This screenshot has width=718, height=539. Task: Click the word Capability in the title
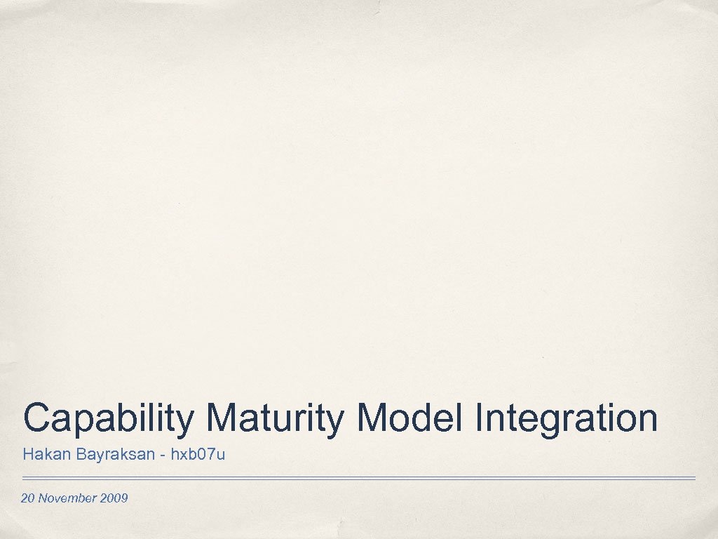[x=108, y=418]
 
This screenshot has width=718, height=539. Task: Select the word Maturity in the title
[x=276, y=418]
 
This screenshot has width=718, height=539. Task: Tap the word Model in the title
[x=410, y=418]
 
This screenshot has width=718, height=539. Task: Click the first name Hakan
[x=39, y=455]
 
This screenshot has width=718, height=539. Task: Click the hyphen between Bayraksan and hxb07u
[x=163, y=456]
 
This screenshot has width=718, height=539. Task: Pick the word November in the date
[x=68, y=498]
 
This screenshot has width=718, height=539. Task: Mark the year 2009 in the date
[x=114, y=498]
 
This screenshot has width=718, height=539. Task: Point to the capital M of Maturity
[x=223, y=418]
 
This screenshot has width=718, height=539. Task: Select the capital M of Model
[x=372, y=418]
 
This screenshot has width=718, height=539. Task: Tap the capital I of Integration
[x=479, y=418]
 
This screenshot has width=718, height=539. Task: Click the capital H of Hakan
[x=27, y=455]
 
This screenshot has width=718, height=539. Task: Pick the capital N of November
[x=43, y=498]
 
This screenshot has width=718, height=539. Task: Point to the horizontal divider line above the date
[x=358, y=479]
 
